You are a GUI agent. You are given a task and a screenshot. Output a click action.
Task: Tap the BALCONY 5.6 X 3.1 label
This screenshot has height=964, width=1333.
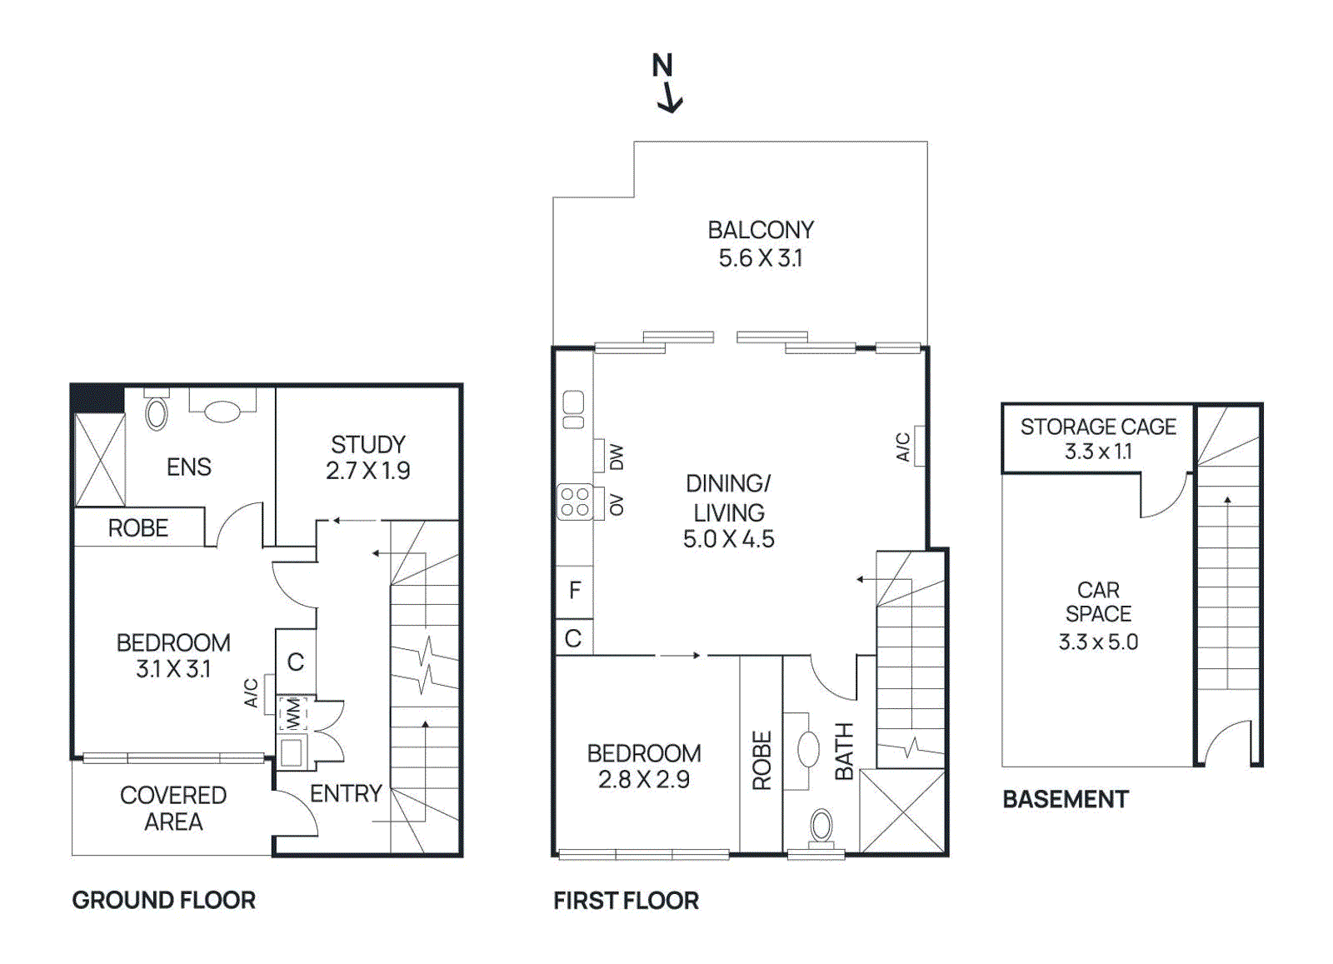click(760, 243)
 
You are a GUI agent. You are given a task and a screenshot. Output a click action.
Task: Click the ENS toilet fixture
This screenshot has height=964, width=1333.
click(156, 413)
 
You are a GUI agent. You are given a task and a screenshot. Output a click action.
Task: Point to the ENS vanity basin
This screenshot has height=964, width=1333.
click(222, 411)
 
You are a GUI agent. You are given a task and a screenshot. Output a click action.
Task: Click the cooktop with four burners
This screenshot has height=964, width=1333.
click(575, 502)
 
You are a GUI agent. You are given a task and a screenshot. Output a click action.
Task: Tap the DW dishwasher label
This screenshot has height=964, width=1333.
click(617, 457)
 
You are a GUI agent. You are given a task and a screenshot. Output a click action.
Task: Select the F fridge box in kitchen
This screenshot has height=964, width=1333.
click(574, 591)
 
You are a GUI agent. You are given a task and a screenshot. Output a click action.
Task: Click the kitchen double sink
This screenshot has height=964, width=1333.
click(573, 409)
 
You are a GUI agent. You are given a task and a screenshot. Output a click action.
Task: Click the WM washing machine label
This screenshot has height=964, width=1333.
click(293, 713)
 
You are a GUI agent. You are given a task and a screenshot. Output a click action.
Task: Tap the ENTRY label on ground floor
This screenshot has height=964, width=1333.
click(346, 793)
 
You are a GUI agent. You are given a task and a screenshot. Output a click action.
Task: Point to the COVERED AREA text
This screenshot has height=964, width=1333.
click(173, 808)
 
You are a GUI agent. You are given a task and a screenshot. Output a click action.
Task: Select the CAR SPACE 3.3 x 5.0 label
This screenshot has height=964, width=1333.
click(1097, 615)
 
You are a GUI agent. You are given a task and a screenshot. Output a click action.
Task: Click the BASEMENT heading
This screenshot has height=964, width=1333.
click(1065, 799)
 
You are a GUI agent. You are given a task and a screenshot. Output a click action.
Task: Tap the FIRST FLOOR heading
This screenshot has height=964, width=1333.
click(626, 901)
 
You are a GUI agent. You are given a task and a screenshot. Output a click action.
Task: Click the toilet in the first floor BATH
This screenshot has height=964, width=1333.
click(821, 827)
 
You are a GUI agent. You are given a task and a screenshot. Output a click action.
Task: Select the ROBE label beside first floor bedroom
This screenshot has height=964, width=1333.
click(761, 760)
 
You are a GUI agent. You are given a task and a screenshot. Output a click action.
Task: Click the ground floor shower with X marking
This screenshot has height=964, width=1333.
click(100, 460)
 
